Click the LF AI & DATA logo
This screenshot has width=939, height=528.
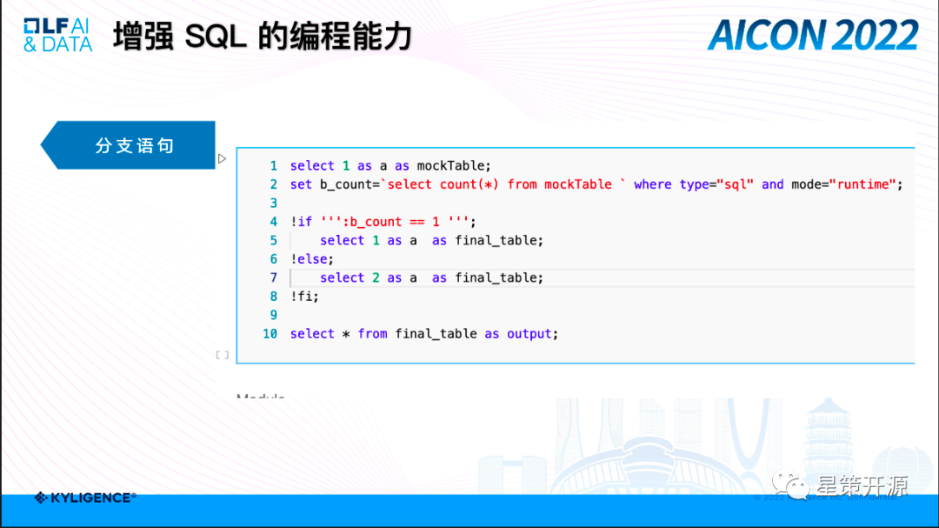[57, 36]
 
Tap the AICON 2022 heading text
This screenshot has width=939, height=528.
[813, 36]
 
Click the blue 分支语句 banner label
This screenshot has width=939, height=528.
[135, 145]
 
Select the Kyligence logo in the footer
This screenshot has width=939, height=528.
[85, 498]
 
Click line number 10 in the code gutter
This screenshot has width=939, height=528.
[270, 333]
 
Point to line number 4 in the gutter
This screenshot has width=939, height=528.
[273, 221]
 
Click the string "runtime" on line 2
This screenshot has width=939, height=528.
[866, 184]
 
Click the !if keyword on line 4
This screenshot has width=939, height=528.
[301, 221]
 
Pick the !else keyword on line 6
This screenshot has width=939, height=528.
[311, 258]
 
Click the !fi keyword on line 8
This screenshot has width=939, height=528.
[304, 296]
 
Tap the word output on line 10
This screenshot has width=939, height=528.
[529, 333]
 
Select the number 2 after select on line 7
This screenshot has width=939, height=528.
[376, 277]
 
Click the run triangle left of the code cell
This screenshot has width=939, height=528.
[222, 158]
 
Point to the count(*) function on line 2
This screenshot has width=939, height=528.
[469, 184]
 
